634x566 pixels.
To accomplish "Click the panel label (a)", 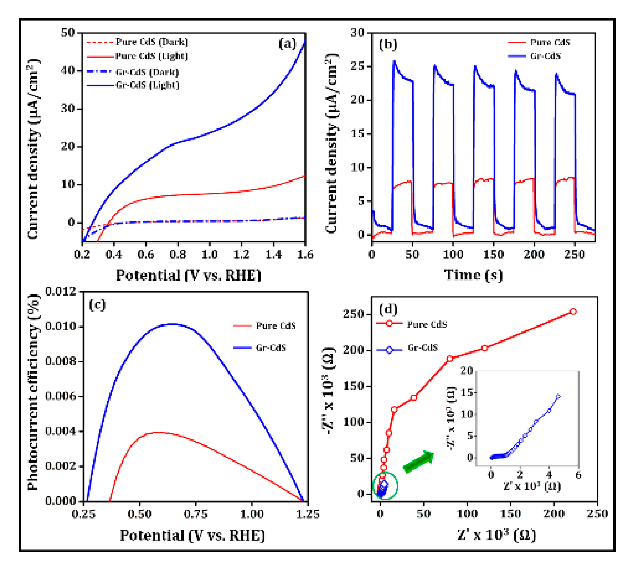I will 287,44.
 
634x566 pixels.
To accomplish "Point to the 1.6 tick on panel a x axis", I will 305,254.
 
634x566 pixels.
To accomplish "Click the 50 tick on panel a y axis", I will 68,33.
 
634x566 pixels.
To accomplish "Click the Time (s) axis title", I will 473,275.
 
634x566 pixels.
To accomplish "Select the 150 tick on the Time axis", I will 493,254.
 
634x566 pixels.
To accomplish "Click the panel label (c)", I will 97,304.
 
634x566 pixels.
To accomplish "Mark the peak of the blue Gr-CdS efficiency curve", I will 172,324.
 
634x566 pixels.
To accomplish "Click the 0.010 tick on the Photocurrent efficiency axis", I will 61,326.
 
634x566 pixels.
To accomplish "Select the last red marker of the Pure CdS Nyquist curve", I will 573,312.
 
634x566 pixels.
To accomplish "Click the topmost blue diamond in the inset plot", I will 558,396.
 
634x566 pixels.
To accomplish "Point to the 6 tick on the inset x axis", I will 578,475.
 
